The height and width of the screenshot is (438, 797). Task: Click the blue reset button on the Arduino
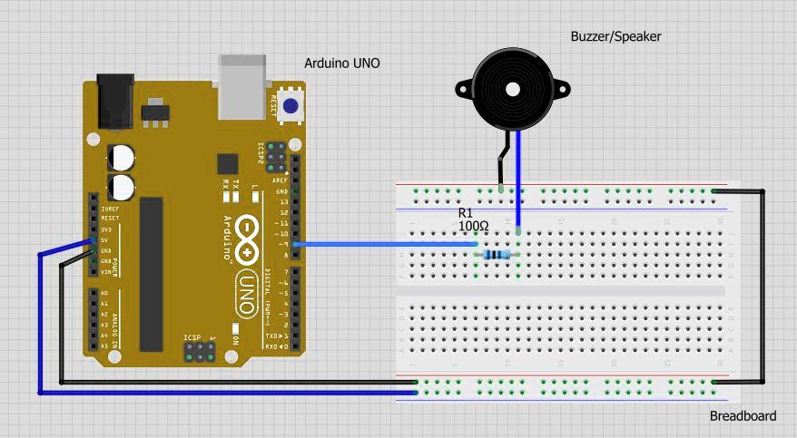coord(290,106)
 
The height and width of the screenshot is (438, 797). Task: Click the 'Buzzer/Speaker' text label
coord(615,36)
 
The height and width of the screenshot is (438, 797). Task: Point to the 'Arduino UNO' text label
coord(341,63)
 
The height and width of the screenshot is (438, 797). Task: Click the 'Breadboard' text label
coord(743,416)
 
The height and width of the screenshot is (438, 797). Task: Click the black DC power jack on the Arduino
coord(115,99)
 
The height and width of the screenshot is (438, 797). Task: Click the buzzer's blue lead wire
coord(518,181)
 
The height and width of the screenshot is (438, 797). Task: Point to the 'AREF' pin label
coord(280,180)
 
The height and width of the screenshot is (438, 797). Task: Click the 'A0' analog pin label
coord(103,294)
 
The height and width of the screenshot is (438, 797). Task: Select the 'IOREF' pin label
coord(110,209)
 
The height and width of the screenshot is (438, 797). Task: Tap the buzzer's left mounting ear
coord(463,87)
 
